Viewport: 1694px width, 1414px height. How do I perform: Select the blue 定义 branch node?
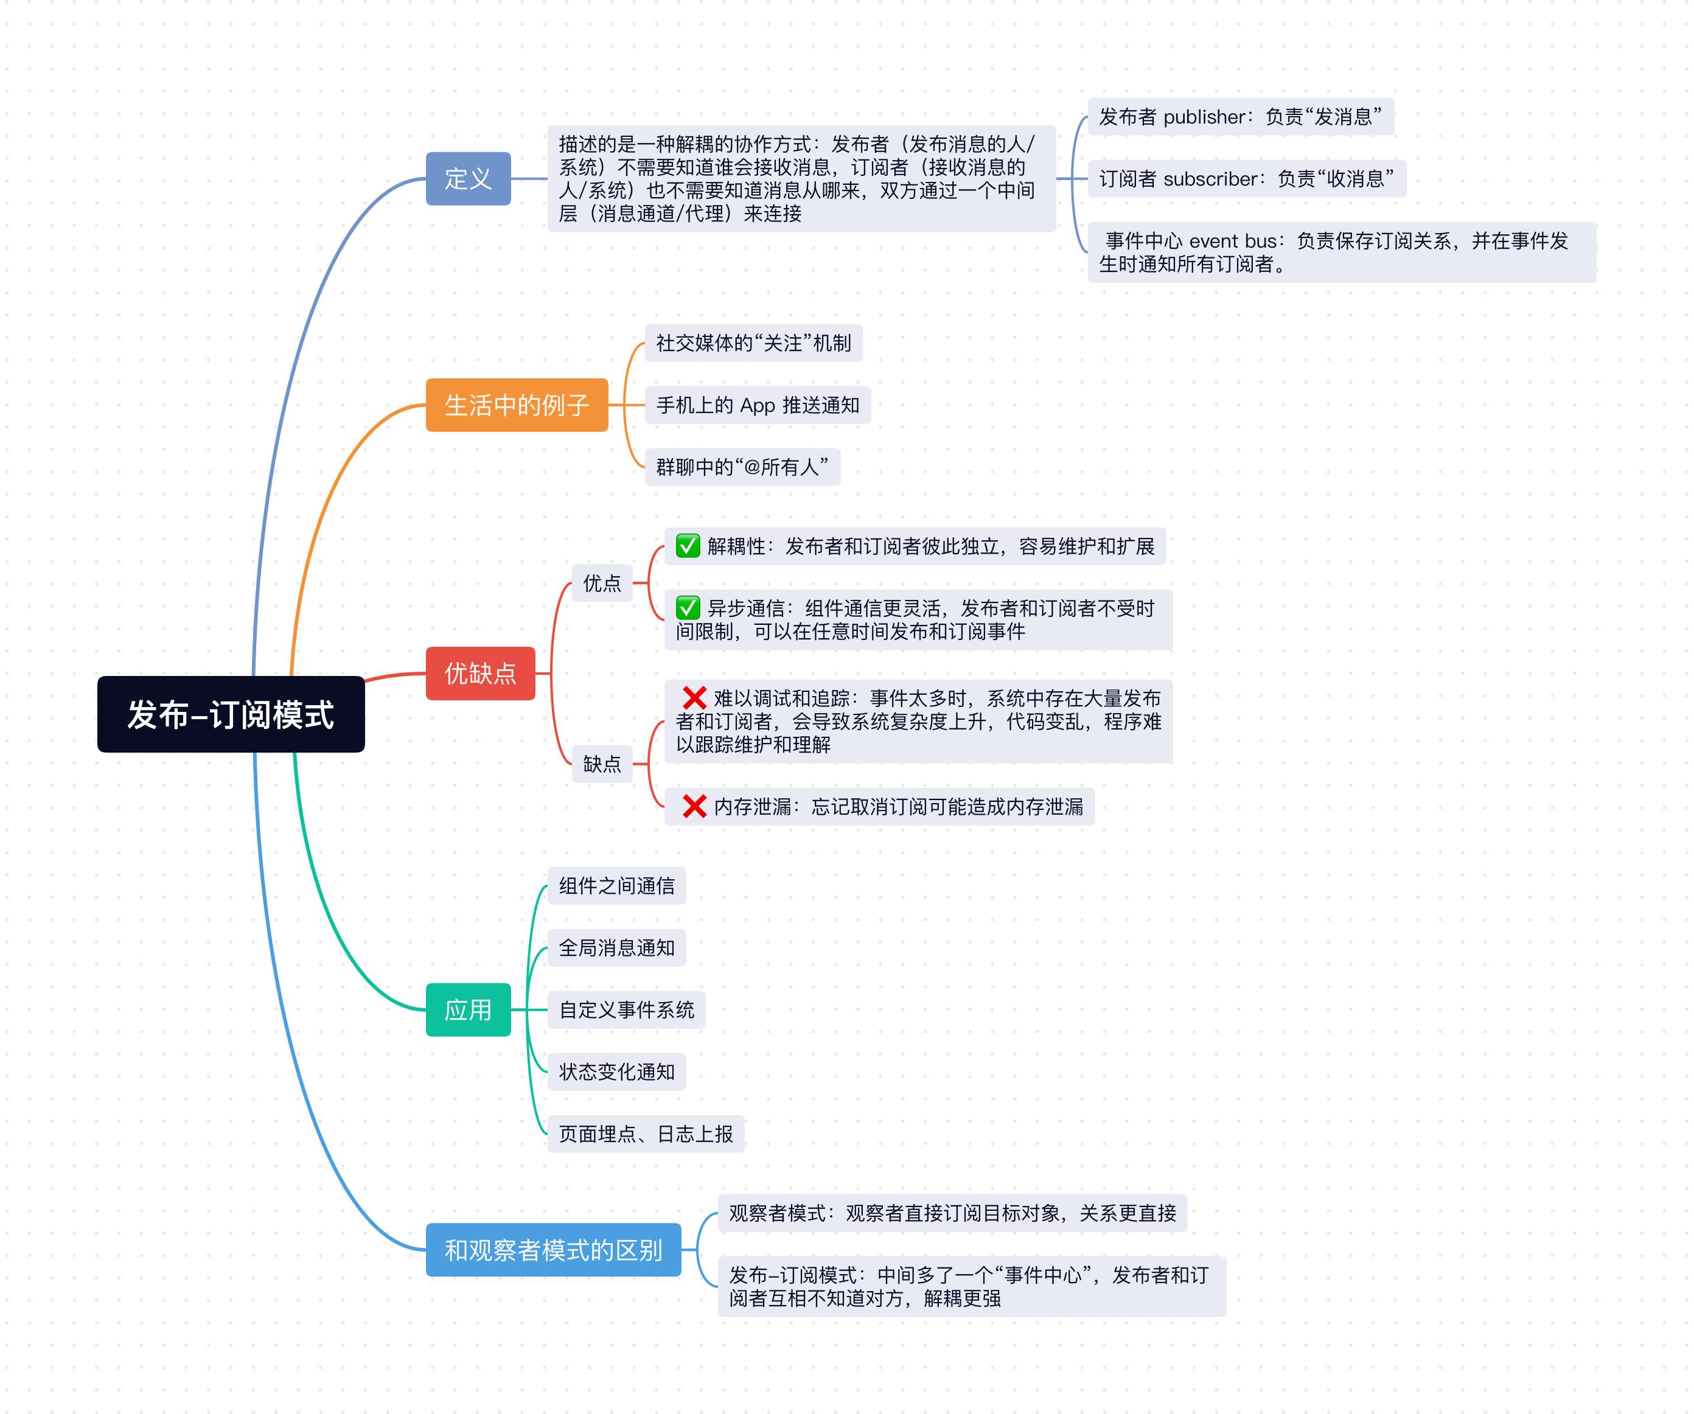click(468, 178)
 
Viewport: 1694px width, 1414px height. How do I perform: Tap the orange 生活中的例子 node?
click(516, 405)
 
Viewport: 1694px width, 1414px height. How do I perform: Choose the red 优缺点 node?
click(480, 673)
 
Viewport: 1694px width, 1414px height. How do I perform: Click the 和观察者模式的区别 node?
click(552, 1250)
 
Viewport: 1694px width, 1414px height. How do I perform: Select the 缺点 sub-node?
click(602, 763)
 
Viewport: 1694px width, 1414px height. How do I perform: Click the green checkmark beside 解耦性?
click(688, 546)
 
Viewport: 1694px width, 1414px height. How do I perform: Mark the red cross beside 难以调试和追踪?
click(694, 698)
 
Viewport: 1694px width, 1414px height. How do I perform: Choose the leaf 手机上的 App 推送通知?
click(757, 405)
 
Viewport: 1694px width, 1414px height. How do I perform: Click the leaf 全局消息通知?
click(616, 948)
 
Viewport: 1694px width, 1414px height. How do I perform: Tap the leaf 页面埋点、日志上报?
click(646, 1134)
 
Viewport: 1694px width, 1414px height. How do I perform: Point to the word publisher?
click(1204, 117)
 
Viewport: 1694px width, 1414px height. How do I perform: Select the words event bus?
click(1233, 241)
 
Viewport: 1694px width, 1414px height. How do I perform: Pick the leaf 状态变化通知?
click(616, 1071)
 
